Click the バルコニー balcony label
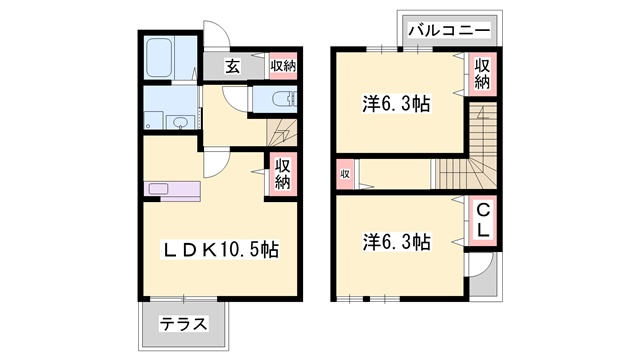tap(449, 31)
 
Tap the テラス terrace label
tap(184, 324)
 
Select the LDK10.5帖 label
tap(221, 249)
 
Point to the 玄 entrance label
tap(233, 66)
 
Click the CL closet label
tap(483, 222)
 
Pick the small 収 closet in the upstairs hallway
tap(345, 174)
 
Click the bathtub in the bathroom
tap(159, 58)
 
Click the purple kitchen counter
tap(173, 191)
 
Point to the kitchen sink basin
tap(158, 189)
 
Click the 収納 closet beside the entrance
tap(283, 66)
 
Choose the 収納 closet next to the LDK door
tap(282, 174)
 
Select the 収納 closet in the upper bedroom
tap(482, 74)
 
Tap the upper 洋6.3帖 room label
tap(397, 104)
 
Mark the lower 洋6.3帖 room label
tap(397, 242)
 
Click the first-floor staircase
tap(282, 133)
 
